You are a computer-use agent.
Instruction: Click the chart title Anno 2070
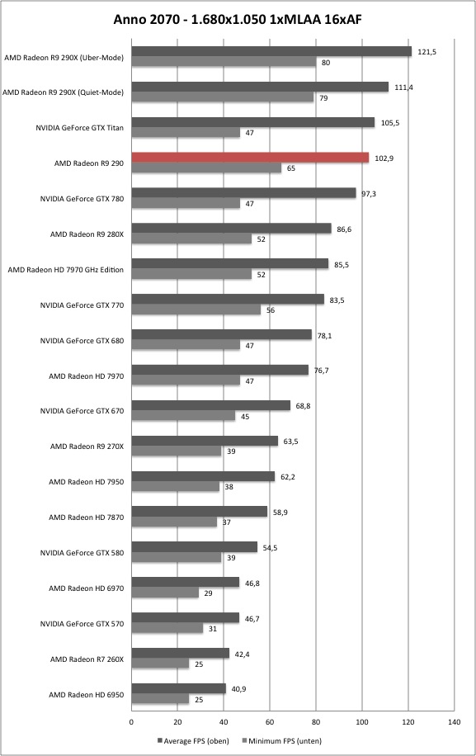point(147,19)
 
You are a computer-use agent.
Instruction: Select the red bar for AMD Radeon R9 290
point(250,158)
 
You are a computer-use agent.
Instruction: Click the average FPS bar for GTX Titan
point(253,122)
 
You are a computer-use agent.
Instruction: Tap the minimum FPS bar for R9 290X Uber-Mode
point(224,62)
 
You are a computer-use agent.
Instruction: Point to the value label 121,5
point(427,52)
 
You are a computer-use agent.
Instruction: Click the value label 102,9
point(384,158)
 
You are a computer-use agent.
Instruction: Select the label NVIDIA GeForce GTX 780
point(82,199)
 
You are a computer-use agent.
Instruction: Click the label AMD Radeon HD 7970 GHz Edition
point(65,270)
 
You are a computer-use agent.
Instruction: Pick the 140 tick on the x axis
point(454,722)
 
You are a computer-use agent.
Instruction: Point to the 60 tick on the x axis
point(270,722)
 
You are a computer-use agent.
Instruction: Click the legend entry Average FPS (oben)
point(193,740)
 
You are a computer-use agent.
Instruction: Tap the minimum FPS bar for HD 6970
point(165,593)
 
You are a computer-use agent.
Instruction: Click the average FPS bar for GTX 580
point(194,546)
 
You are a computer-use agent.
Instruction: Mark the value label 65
point(291,168)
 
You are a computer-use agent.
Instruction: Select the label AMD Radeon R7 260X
point(87,659)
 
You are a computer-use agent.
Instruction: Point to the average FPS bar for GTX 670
point(211,405)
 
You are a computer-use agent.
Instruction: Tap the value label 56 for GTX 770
point(271,310)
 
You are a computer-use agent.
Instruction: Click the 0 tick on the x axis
point(131,722)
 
